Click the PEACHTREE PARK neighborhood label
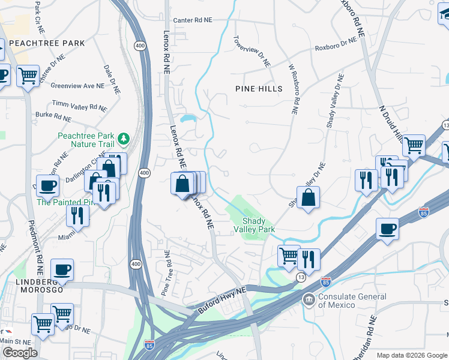(x=47, y=43)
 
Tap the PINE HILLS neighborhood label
(x=258, y=89)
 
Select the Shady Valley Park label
(x=258, y=225)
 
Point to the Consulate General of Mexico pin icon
(x=309, y=298)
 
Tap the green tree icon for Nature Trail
(x=124, y=139)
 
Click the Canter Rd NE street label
(x=193, y=20)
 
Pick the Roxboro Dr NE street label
(x=336, y=47)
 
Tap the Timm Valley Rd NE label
(x=79, y=106)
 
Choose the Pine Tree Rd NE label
(x=163, y=277)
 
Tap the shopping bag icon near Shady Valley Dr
(x=308, y=197)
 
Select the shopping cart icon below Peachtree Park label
(x=28, y=76)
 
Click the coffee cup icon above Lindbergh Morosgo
(x=62, y=270)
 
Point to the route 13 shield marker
(x=301, y=277)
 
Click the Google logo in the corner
(x=20, y=353)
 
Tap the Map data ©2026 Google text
(x=411, y=355)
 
